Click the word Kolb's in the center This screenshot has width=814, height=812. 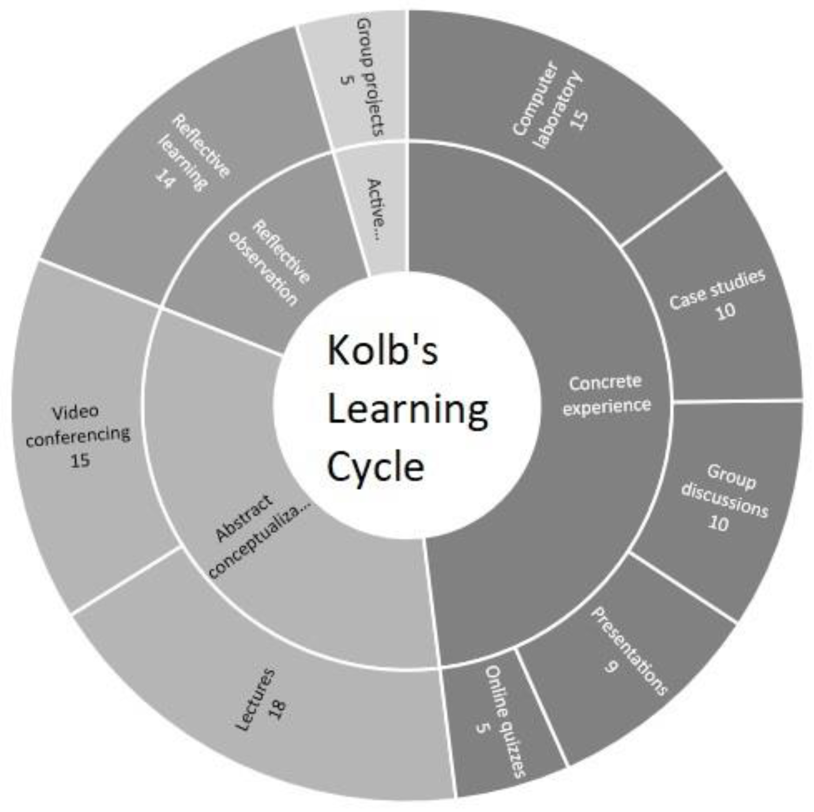tap(382, 350)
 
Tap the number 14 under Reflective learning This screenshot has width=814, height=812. tap(165, 178)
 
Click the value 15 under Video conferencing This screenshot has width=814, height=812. tap(80, 460)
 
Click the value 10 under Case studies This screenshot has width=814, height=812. tap(725, 311)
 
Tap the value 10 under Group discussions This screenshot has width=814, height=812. tap(719, 523)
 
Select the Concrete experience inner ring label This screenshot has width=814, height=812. tap(607, 394)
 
